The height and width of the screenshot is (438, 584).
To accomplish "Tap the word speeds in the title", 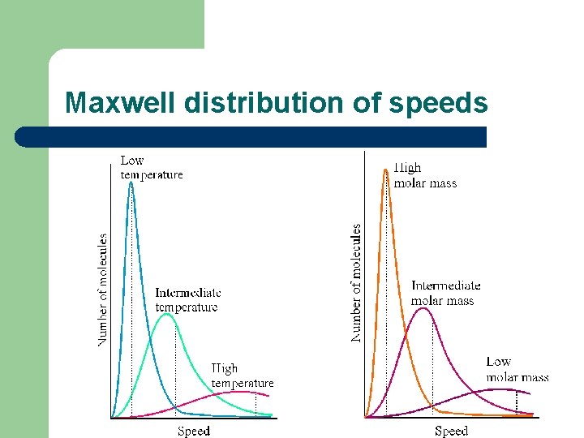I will (439, 103).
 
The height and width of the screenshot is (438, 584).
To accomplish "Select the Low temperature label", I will (152, 167).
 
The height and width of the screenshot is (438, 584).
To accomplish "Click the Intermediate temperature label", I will (187, 299).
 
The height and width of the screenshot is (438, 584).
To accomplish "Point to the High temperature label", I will (242, 376).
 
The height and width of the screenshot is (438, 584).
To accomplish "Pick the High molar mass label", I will (425, 175).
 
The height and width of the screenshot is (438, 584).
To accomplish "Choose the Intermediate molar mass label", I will (445, 293).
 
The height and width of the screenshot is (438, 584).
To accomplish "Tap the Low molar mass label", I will (517, 369).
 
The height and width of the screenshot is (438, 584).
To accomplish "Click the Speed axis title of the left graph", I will (194, 431).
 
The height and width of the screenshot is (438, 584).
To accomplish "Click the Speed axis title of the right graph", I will (451, 431).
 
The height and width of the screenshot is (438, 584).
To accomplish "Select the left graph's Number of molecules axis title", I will (103, 290).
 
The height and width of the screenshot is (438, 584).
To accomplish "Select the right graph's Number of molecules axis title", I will (356, 283).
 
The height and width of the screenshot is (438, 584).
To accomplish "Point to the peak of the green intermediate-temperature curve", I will (167, 315).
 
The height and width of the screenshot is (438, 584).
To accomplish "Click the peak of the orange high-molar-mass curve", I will (386, 168).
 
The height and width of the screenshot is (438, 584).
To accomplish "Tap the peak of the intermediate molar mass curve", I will (422, 308).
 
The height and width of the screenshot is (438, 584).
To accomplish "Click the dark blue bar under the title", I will (251, 137).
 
